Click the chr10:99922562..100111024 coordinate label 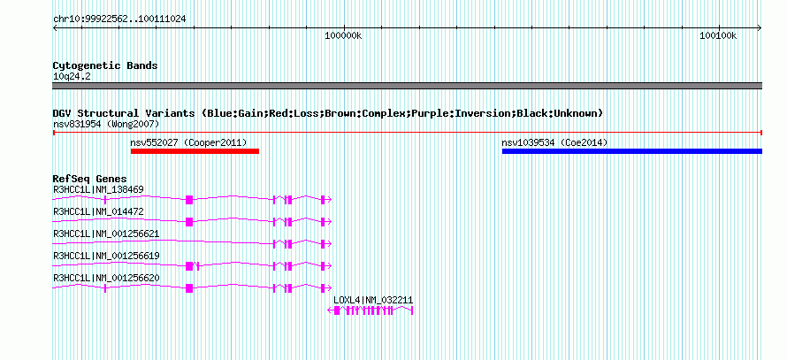click(x=119, y=19)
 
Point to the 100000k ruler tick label click(x=343, y=35)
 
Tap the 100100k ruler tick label click(x=718, y=35)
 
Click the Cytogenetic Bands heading click(x=105, y=65)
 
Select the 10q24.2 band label click(x=72, y=77)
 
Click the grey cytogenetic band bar click(x=407, y=86)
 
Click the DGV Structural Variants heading click(x=328, y=113)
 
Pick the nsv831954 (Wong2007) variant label click(x=106, y=124)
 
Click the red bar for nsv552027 click(x=195, y=151)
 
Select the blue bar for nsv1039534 click(x=632, y=151)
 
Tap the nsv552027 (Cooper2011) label click(x=188, y=142)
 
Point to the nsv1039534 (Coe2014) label click(x=554, y=142)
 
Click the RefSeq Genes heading click(x=90, y=179)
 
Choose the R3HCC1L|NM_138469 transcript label click(x=98, y=190)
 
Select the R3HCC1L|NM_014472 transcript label click(x=98, y=212)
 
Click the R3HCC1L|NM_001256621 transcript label click(x=106, y=234)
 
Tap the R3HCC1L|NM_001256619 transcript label click(x=106, y=256)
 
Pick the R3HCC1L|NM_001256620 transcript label click(x=106, y=278)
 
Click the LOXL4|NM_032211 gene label click(x=373, y=300)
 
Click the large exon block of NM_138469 click(x=189, y=200)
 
